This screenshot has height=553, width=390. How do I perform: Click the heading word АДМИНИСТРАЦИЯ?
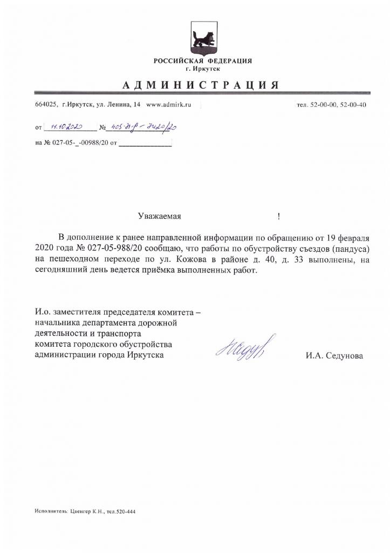pos(200,85)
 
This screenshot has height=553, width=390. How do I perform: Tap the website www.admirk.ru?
pos(169,105)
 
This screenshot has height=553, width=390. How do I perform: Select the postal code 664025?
pos(46,105)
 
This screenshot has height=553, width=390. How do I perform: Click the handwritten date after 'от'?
pos(65,128)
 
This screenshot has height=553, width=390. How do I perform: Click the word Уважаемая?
pos(159,217)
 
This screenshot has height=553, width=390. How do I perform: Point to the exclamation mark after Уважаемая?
pos(278,217)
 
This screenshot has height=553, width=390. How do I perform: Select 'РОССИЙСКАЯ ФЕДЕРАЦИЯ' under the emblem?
pos(203,61)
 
